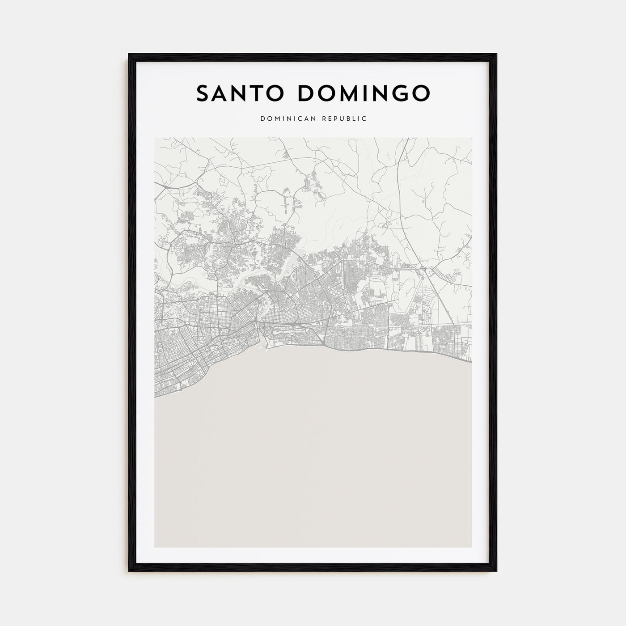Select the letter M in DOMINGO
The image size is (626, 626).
347,93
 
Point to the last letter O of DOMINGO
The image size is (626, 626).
420,93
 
